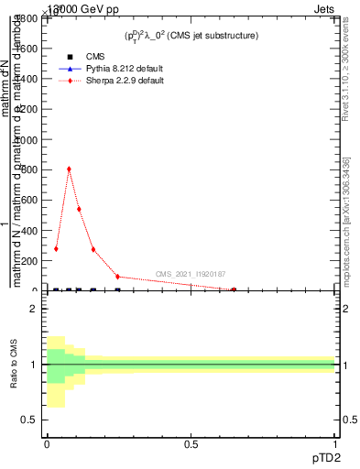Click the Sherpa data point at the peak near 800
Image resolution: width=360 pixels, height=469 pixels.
(69, 169)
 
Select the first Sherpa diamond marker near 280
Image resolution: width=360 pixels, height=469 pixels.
(56, 248)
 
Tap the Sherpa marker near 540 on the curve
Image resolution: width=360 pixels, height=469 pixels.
(79, 209)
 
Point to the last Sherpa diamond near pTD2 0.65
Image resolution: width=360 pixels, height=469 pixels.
(234, 289)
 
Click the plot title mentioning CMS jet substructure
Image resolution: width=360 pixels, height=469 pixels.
(191, 36)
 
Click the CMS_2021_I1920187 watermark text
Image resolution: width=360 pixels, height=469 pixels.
(191, 274)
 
